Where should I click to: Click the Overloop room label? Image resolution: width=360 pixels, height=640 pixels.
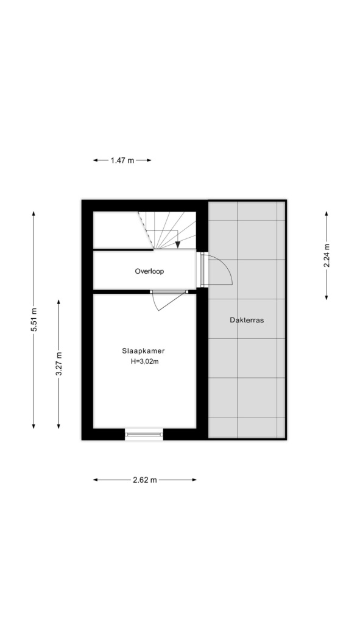click(x=149, y=271)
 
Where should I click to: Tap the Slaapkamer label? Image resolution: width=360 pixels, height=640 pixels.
click(x=143, y=350)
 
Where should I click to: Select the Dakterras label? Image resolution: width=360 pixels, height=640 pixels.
click(x=247, y=320)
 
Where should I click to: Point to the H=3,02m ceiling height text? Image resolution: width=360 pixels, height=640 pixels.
click(x=144, y=361)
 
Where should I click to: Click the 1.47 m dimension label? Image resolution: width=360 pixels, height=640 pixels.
click(x=122, y=160)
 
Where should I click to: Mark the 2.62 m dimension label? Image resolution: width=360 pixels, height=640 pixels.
click(x=145, y=480)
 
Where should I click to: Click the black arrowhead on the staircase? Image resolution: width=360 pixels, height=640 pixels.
click(x=178, y=244)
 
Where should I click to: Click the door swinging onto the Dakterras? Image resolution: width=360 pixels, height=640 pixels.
click(x=219, y=269)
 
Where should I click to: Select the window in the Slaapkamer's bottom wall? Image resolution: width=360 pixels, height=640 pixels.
click(x=144, y=434)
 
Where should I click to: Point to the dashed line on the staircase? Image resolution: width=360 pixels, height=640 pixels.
click(x=146, y=230)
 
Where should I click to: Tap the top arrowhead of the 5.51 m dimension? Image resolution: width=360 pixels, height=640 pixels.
click(x=34, y=214)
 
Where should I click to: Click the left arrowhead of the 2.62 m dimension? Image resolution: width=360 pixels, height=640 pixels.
click(x=96, y=480)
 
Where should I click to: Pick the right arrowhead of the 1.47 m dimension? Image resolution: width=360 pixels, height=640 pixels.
click(x=149, y=160)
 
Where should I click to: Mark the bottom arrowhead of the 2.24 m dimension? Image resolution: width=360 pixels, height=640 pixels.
click(x=326, y=297)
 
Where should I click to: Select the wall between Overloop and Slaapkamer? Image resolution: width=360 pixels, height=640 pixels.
click(x=121, y=291)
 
